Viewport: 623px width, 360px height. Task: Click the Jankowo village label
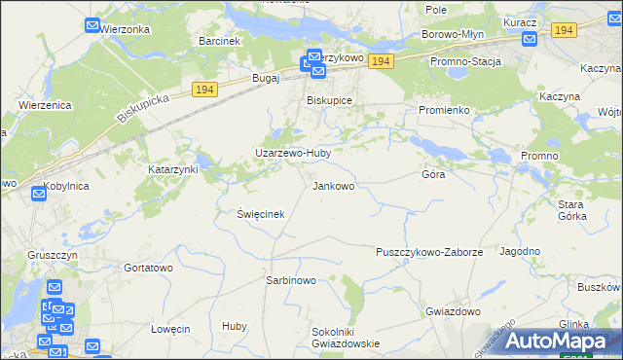[x=340, y=185]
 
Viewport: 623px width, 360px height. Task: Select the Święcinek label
[x=260, y=214]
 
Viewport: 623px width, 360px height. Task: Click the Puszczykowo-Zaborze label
[x=429, y=252]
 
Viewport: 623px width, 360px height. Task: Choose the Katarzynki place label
[x=173, y=169]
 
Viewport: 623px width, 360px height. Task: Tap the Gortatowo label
[x=148, y=267]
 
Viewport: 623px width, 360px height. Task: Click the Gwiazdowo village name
[x=453, y=311]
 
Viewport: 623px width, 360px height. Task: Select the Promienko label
[x=445, y=110]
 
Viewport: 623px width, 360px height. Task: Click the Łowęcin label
[x=170, y=329]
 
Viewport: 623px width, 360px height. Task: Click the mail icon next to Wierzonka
[x=92, y=26]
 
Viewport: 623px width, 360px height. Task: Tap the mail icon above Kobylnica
[x=38, y=194]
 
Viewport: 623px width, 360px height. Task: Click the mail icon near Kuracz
[x=529, y=40]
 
